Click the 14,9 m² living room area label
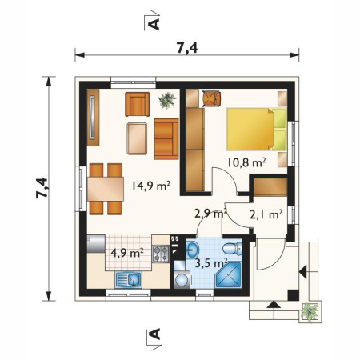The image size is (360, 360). click(x=151, y=186)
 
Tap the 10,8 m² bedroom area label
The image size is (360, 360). click(x=246, y=162)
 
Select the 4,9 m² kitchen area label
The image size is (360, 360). click(x=127, y=253)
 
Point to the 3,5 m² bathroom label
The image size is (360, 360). click(x=211, y=263)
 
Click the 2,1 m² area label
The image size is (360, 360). click(x=266, y=214)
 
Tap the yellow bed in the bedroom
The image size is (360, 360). click(x=257, y=129)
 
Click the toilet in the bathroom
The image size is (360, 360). click(x=232, y=249)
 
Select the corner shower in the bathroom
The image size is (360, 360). click(x=228, y=274)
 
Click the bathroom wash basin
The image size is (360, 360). click(x=192, y=250)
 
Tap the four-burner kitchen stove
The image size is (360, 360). click(x=161, y=254)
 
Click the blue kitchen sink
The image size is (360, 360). click(x=128, y=280)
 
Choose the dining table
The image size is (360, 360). click(x=106, y=189)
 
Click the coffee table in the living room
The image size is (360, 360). click(x=137, y=138)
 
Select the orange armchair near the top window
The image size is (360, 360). click(x=138, y=104)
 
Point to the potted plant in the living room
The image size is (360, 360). click(x=167, y=100)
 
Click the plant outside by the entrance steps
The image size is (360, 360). click(x=310, y=312)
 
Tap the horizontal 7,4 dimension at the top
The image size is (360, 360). click(x=187, y=48)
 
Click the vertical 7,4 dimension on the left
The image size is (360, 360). click(x=42, y=188)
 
